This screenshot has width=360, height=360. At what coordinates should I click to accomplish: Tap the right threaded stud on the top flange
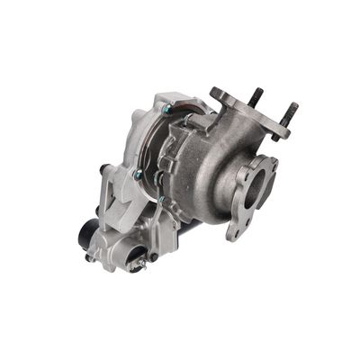(x=292, y=111)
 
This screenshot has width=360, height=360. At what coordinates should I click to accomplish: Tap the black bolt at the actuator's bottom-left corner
(x=90, y=257)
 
